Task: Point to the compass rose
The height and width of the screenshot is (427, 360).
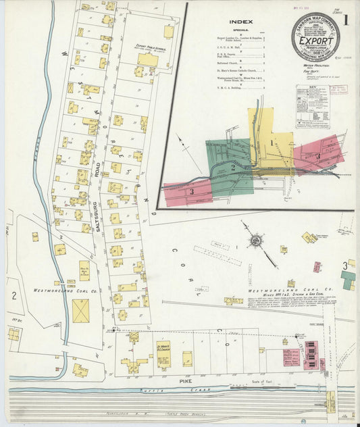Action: [256, 240]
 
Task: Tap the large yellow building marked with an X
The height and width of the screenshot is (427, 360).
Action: [81, 311]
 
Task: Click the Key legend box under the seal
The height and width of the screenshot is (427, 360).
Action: [311, 101]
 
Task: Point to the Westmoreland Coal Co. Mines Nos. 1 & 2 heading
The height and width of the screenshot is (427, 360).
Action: [290, 292]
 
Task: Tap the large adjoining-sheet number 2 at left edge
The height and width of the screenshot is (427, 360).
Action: [14, 295]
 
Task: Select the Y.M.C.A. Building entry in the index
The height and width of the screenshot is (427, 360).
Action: [239, 87]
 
